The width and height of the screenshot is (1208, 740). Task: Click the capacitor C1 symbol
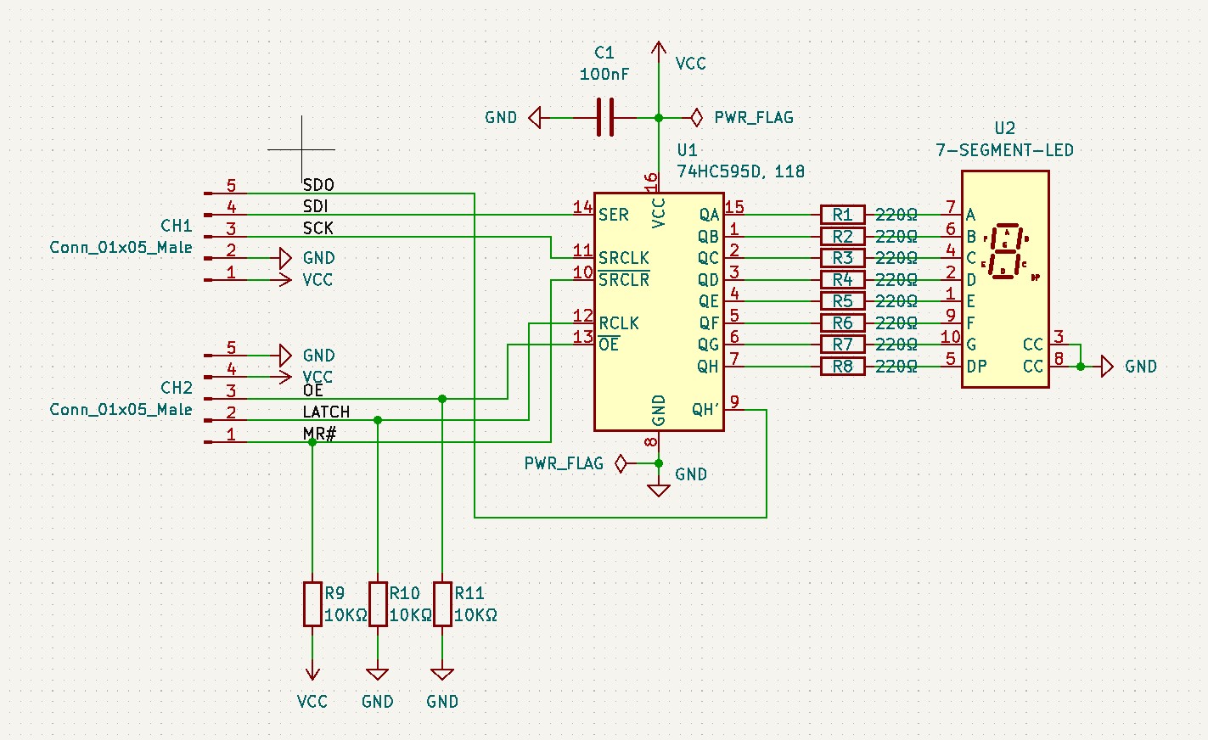(x=604, y=117)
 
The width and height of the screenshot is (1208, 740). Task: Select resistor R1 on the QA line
(x=842, y=215)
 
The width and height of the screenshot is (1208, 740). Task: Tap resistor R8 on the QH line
(x=842, y=367)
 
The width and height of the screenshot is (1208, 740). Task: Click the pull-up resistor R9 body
(x=312, y=604)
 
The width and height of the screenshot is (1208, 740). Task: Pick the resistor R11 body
(x=442, y=604)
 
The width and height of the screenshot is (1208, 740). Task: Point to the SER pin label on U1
(x=613, y=215)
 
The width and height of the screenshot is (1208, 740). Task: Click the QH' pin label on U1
(x=705, y=410)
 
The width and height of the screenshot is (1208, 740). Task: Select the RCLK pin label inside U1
(x=619, y=323)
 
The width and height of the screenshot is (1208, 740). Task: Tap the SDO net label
(x=318, y=185)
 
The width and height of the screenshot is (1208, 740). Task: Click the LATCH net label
(x=326, y=412)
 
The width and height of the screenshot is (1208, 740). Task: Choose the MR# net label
(x=319, y=434)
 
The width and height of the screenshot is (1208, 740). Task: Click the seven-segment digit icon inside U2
(x=1006, y=250)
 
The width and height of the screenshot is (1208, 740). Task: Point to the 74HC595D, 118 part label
(x=740, y=171)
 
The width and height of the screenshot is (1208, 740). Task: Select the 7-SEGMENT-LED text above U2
(x=1004, y=150)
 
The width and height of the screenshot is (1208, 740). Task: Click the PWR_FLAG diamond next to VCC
(x=696, y=117)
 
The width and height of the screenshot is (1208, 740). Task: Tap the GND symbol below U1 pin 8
(x=659, y=489)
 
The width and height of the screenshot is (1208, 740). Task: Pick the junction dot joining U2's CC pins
(x=1080, y=367)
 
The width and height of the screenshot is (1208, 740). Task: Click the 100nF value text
(x=604, y=75)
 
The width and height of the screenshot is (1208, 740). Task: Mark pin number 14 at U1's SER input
(x=582, y=206)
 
